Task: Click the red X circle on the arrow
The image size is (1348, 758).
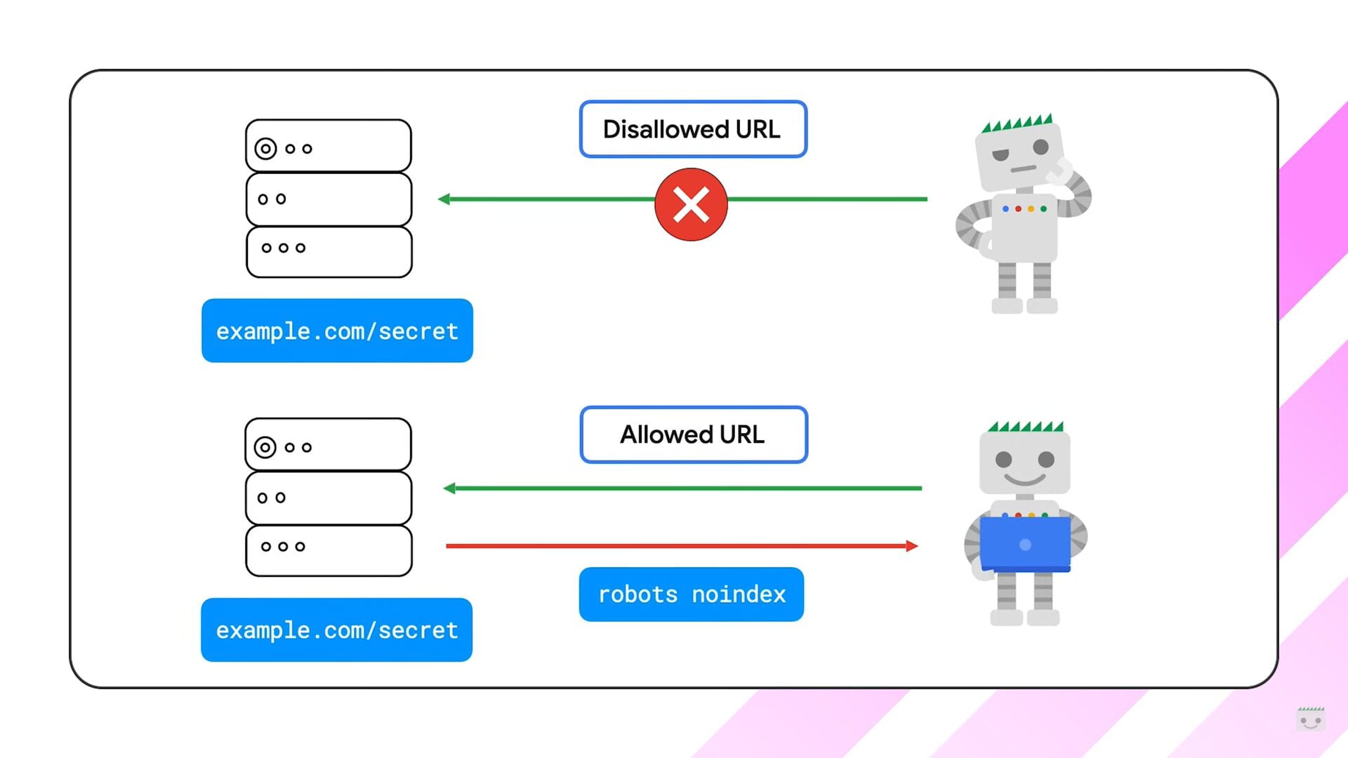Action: (691, 204)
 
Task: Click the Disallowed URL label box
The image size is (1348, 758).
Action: (693, 129)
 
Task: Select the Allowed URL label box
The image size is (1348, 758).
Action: (694, 434)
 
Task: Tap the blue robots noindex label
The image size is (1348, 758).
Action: (691, 594)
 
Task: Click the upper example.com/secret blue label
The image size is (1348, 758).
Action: (337, 331)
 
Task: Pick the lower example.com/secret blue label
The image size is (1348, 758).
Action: (336, 630)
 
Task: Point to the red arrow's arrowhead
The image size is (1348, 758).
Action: (912, 546)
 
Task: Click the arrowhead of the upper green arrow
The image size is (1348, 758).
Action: (444, 199)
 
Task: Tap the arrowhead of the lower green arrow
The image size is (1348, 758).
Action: (449, 488)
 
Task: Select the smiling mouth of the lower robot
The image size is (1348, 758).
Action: (1024, 480)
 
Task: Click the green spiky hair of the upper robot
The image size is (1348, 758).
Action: (1017, 124)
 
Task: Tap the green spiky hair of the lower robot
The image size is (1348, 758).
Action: (1025, 426)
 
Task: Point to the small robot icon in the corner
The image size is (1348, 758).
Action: (1310, 719)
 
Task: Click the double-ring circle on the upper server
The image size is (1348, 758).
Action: (265, 149)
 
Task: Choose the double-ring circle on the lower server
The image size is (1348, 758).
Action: (265, 447)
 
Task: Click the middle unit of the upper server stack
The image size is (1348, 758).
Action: (329, 199)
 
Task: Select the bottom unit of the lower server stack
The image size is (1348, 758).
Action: (329, 550)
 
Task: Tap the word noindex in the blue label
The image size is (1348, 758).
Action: (739, 594)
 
